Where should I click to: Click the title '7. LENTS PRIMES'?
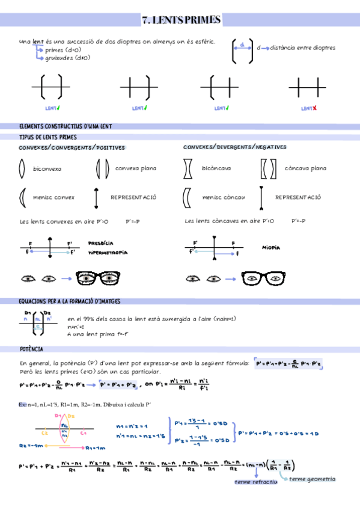(x=181, y=20)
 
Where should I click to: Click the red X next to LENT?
(x=314, y=108)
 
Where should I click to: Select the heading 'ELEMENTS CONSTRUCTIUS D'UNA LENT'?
(x=66, y=126)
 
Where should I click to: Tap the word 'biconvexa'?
(x=47, y=169)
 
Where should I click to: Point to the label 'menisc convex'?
(x=54, y=197)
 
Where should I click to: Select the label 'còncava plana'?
(x=305, y=168)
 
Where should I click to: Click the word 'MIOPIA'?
(x=272, y=247)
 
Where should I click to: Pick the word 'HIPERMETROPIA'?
(x=108, y=253)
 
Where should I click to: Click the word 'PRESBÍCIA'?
(x=100, y=243)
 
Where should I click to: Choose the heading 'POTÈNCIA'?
(x=31, y=349)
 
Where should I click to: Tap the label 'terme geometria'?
(x=312, y=479)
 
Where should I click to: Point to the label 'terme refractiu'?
(x=255, y=482)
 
